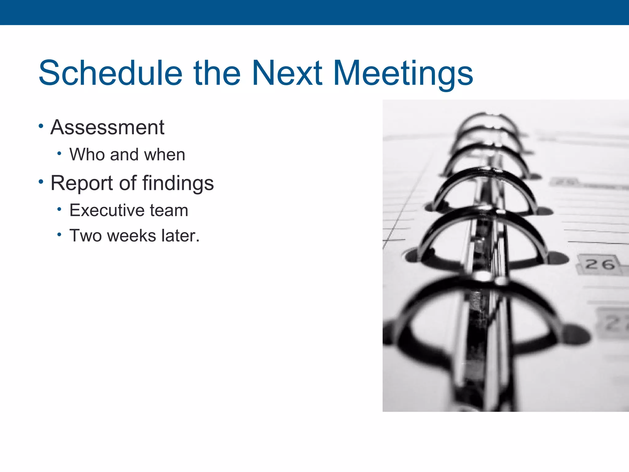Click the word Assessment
[107, 127]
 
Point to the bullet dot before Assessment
[41, 126]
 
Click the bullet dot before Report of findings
[41, 182]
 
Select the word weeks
[132, 236]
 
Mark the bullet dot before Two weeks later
[59, 235]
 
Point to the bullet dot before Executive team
[59, 210]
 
